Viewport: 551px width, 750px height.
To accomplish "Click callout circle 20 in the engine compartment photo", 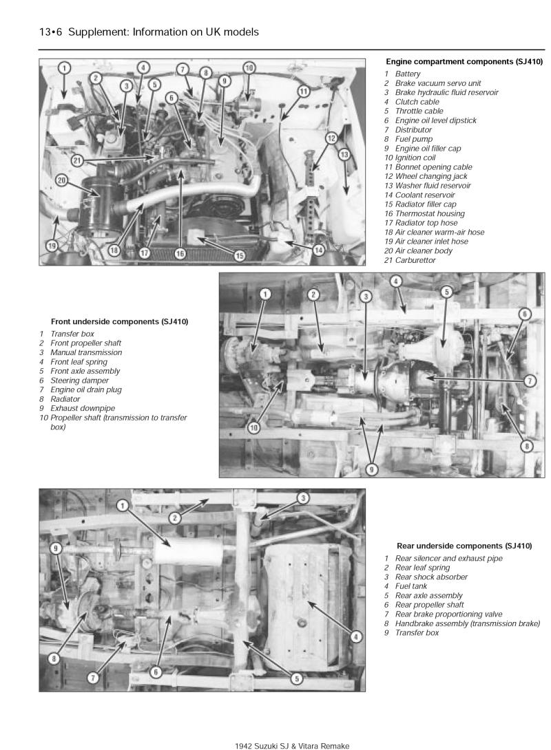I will pyautogui.click(x=62, y=180).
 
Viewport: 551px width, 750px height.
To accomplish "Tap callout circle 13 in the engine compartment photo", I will pyautogui.click(x=344, y=155).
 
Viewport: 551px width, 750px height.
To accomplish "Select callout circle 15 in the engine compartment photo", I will pyautogui.click(x=239, y=255).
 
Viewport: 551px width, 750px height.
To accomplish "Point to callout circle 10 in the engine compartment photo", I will pyautogui.click(x=249, y=68).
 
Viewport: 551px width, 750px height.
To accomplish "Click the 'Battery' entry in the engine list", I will pyautogui.click(x=408, y=74).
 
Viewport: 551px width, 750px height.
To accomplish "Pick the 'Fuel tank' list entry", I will pyautogui.click(x=410, y=586).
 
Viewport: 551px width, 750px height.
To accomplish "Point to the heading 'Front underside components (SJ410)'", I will pyautogui.click(x=120, y=321).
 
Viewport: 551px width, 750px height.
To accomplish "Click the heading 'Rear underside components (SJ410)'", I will pyautogui.click(x=464, y=546).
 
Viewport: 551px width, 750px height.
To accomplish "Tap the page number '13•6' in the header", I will pyautogui.click(x=50, y=32).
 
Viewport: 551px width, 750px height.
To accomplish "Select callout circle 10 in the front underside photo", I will pyautogui.click(x=255, y=427).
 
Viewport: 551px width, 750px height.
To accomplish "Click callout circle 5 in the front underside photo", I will pyautogui.click(x=446, y=292).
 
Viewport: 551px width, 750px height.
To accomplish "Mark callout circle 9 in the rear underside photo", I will pyautogui.click(x=58, y=548).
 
